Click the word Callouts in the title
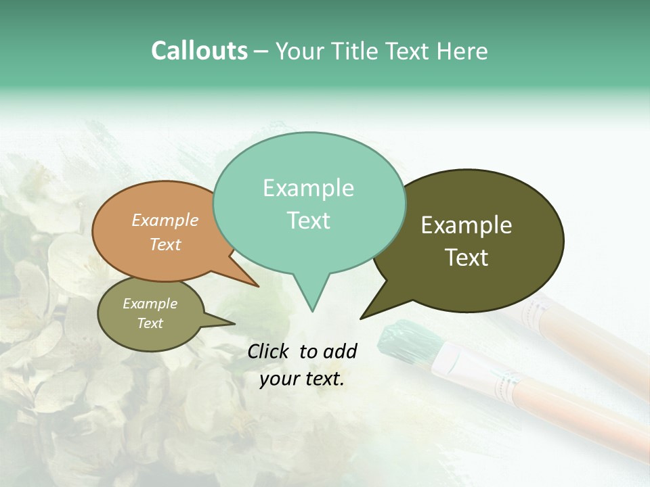(199, 51)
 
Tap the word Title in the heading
(357, 51)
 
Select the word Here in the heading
(462, 51)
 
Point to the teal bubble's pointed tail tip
(312, 310)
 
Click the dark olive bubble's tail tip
(362, 318)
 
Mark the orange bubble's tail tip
(258, 286)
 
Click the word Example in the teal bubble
(308, 188)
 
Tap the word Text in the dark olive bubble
(467, 258)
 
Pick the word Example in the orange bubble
(165, 221)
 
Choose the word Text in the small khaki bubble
(150, 323)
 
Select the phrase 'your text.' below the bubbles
(302, 379)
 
